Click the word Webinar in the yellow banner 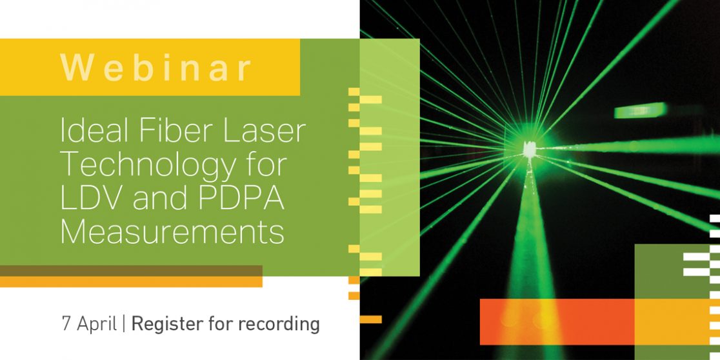tap(156, 68)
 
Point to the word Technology tap(152, 166)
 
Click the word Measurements tap(172, 232)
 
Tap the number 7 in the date tap(66, 324)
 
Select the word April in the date tap(96, 325)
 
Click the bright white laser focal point tap(530, 149)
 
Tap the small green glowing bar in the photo tap(641, 110)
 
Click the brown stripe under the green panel tap(131, 270)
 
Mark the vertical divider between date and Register tap(123, 325)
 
